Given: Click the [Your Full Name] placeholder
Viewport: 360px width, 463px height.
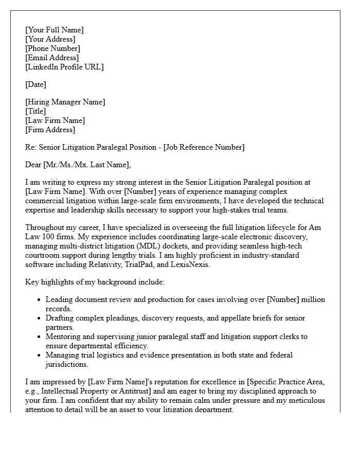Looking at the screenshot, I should coord(54,30).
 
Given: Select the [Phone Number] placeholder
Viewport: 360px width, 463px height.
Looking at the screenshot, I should coord(52,48).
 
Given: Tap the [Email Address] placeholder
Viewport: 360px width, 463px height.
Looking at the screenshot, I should coord(52,58).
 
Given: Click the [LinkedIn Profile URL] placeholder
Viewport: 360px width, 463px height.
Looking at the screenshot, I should coord(64,67).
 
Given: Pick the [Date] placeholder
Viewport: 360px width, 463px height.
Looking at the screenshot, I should coord(35,84).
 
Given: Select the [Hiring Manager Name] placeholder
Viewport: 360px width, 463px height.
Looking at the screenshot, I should coord(65,102).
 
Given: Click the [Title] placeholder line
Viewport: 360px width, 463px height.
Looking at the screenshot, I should coord(35,111).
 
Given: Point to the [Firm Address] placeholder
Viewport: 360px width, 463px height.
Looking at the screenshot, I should coord(50,130).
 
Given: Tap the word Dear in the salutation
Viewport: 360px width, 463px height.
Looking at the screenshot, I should coord(34,165).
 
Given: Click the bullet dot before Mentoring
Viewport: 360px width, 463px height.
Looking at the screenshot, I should coord(40,337).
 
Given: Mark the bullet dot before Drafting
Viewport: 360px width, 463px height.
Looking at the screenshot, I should coord(40,318).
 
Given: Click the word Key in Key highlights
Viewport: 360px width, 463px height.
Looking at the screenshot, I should coord(32,282).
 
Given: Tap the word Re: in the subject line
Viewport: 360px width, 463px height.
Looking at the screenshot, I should coord(31,147).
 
